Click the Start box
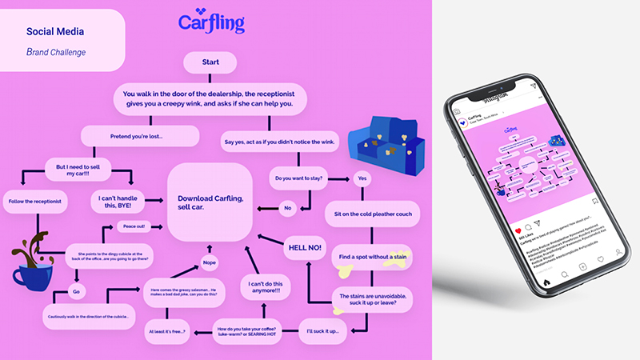pos(210,62)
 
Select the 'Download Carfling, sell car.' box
pos(210,203)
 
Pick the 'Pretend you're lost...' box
pos(139,137)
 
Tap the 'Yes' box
pos(362,178)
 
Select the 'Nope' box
pos(210,262)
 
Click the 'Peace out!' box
pos(138,226)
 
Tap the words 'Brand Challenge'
pos(56,52)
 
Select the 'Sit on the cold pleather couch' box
pos(369,214)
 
